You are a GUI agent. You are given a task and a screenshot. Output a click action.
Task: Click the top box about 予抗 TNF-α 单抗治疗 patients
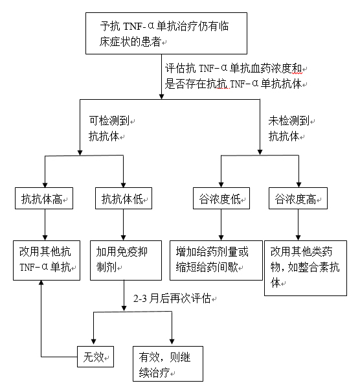pyautogui.click(x=166, y=33)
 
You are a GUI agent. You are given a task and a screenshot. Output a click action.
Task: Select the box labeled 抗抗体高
pyautogui.click(x=44, y=198)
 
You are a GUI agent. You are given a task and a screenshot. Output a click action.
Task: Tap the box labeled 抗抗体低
pyautogui.click(x=124, y=198)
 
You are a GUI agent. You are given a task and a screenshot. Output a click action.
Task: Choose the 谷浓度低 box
pyautogui.click(x=221, y=198)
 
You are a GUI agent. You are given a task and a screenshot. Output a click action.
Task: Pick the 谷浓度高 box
pyautogui.click(x=298, y=198)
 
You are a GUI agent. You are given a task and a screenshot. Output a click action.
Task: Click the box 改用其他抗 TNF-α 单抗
pyautogui.click(x=47, y=260)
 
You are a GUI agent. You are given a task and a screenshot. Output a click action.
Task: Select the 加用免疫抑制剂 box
pyautogui.click(x=126, y=260)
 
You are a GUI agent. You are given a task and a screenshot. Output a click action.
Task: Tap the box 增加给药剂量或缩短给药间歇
pyautogui.click(x=216, y=260)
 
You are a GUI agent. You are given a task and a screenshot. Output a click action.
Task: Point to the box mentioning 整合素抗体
pyautogui.click(x=306, y=268)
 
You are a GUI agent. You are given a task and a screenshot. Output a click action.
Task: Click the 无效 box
pyautogui.click(x=95, y=357)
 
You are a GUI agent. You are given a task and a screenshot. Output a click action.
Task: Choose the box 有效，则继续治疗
pyautogui.click(x=168, y=363)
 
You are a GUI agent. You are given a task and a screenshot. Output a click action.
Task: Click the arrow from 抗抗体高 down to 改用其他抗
pyautogui.click(x=45, y=225)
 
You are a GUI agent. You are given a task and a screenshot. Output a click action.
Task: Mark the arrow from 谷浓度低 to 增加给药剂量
pyautogui.click(x=221, y=225)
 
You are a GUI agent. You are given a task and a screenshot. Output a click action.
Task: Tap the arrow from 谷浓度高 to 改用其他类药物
pyautogui.click(x=298, y=225)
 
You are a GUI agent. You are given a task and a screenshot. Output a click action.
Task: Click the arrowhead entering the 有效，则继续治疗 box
pyautogui.click(x=172, y=341)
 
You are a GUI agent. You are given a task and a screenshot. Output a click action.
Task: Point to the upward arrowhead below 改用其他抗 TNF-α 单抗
pyautogui.click(x=41, y=282)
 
